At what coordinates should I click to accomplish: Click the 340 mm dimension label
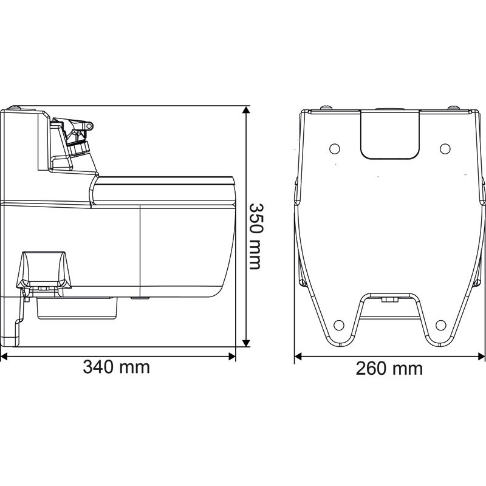[116, 368]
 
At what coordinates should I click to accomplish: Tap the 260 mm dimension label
[389, 368]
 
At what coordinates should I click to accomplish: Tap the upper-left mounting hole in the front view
[333, 148]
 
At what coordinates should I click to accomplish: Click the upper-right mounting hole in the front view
[445, 148]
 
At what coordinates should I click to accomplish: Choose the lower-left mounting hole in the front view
[340, 323]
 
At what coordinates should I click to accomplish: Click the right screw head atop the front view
[453, 108]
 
